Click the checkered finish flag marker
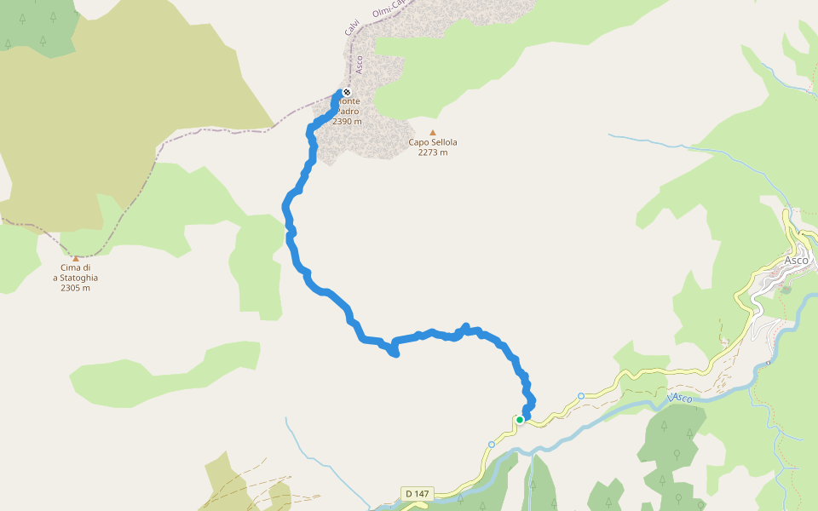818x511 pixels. tap(347, 92)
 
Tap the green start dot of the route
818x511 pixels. tap(520, 420)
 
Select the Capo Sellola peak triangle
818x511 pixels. tap(433, 133)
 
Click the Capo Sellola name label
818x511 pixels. tap(433, 142)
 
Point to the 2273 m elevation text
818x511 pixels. tap(433, 152)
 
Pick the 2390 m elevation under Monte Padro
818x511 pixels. tap(348, 122)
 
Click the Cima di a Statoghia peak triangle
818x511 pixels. tap(75, 259)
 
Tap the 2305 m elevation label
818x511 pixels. tap(75, 288)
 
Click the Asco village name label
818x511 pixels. tap(797, 260)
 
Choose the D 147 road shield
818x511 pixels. tap(417, 493)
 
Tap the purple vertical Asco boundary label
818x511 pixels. tap(359, 64)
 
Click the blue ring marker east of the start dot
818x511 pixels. tap(581, 396)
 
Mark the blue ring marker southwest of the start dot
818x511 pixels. tap(492, 445)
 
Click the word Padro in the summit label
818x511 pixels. tap(349, 112)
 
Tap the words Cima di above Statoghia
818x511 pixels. tap(75, 267)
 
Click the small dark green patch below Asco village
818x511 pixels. tap(786, 290)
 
